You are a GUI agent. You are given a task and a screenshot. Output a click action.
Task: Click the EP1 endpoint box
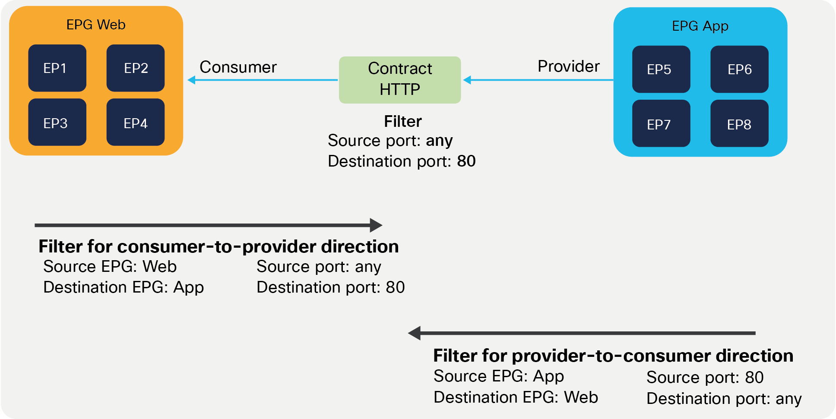point(57,68)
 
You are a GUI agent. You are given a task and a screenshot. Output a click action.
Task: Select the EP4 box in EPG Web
point(135,123)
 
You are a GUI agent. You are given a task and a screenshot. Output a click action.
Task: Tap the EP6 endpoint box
point(739,69)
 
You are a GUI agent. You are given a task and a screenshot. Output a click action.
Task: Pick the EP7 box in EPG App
point(661,124)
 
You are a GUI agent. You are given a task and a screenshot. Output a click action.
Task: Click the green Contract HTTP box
point(399,80)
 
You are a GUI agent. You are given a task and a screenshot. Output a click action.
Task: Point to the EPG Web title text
point(96,25)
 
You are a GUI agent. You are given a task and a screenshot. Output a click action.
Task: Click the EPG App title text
point(700,26)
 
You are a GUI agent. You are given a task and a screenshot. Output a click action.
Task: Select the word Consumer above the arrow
point(238,67)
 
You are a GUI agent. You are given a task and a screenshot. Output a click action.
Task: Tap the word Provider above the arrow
point(568,66)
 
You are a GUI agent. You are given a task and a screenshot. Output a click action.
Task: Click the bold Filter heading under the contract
point(402,121)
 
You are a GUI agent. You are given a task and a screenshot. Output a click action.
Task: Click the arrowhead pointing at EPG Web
point(191,80)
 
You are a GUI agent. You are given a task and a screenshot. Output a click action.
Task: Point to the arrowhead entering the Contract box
point(467,80)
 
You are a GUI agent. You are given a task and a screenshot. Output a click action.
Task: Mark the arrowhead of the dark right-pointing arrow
point(376,225)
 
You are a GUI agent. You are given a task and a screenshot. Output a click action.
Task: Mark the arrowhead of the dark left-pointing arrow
point(415,333)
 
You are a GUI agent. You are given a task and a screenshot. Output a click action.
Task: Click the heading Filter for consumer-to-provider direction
point(218,246)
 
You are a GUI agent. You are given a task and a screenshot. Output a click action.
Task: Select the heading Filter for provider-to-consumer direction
point(613,356)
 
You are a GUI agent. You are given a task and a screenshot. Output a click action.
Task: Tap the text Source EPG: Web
point(110,267)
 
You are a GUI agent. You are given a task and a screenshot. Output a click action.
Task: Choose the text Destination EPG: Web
point(516,397)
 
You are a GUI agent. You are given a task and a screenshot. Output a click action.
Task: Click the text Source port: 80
point(705,377)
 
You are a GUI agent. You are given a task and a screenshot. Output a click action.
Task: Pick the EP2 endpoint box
point(135,68)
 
